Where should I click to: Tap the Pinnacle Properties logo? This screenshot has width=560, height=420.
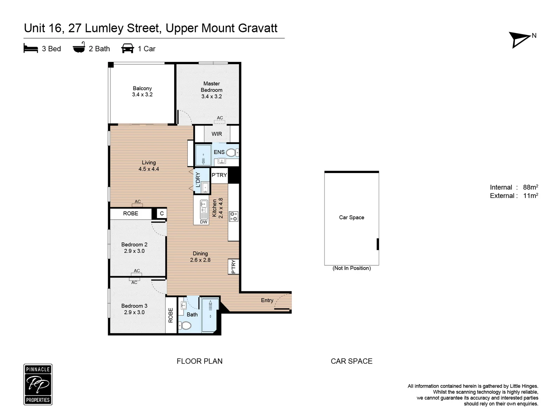click(x=38, y=385)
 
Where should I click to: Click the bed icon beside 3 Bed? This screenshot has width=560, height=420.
click(x=31, y=49)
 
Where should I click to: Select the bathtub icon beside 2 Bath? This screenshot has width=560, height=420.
click(x=79, y=48)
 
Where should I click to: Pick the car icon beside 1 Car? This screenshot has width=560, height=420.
click(x=128, y=49)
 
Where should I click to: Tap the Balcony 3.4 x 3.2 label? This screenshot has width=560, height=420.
click(x=142, y=91)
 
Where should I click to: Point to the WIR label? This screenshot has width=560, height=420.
click(x=217, y=134)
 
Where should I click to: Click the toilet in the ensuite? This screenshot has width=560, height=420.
click(x=231, y=152)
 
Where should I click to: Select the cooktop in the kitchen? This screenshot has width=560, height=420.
click(x=233, y=217)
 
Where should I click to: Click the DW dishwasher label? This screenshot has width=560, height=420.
click(x=204, y=222)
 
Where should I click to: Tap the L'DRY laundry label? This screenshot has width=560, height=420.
click(x=198, y=180)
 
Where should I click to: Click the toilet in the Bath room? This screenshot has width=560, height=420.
click(x=185, y=325)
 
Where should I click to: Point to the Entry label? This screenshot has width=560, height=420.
click(x=267, y=300)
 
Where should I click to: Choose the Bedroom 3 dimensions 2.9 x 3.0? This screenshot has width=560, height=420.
click(x=134, y=312)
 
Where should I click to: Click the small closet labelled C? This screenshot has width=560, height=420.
click(x=162, y=213)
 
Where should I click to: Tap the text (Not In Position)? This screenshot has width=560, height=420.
click(x=352, y=268)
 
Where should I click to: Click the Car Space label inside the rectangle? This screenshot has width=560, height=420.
click(x=352, y=217)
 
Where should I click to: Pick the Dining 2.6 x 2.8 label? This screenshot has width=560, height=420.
click(x=200, y=257)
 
